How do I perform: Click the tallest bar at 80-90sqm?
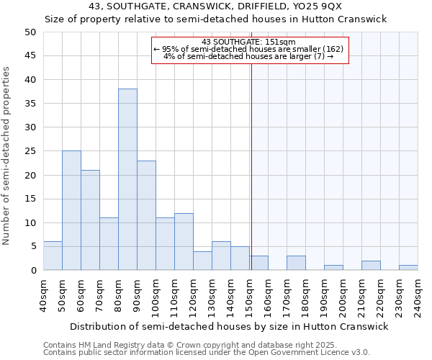pyautogui.click(x=127, y=179)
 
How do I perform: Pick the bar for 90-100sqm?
pyautogui.click(x=146, y=215)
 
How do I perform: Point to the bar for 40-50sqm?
pyautogui.click(x=53, y=256)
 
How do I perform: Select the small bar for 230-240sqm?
pyautogui.click(x=408, y=268)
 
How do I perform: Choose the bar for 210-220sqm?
pyautogui.click(x=371, y=266)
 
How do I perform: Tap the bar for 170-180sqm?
pyautogui.click(x=296, y=263)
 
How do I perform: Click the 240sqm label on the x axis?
pyautogui.click(x=418, y=295)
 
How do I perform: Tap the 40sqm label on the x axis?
pyautogui.click(x=43, y=295)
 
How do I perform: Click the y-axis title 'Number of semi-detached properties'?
pyautogui.click(x=7, y=156)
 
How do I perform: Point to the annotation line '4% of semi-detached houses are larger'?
pyautogui.click(x=248, y=56)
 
